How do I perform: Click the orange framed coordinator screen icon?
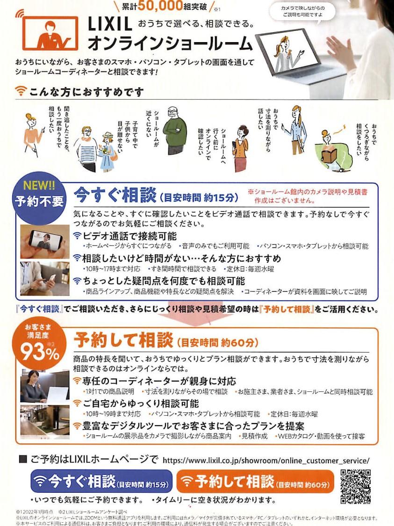(x=50, y=33)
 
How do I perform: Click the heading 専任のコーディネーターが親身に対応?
(x=159, y=381)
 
